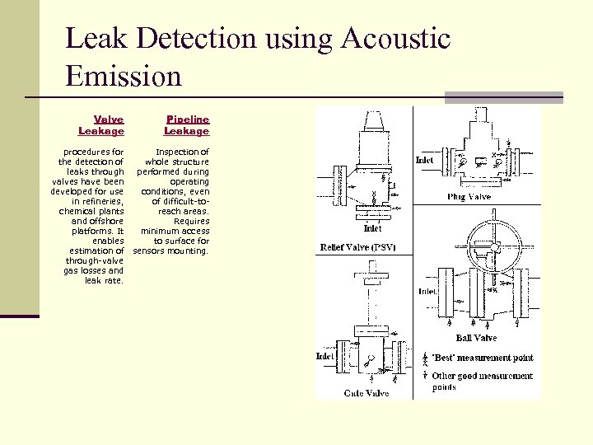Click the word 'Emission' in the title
pos(124,76)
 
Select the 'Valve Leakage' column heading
pos(101,125)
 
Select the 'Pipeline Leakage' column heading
pos(187,125)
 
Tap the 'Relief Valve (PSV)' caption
pos(358,247)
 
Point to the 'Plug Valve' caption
pos(469,196)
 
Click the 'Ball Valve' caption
pos(476,337)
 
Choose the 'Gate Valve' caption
pos(367,393)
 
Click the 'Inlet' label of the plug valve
pos(425,159)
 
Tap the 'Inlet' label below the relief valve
pos(372,229)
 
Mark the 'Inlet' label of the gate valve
pos(325,356)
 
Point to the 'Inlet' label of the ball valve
pos(427,291)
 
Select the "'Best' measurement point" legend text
pos(483,358)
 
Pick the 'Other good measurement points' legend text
pos(483,381)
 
